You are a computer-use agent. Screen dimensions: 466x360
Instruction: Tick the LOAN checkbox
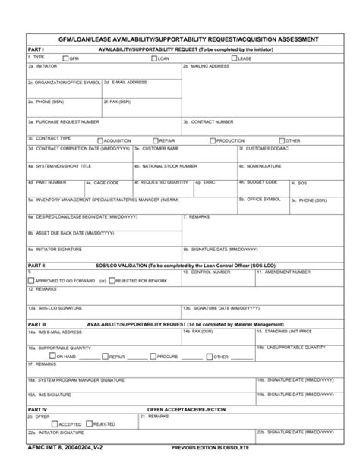click(154, 58)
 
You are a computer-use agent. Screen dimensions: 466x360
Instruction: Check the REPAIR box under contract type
click(155, 140)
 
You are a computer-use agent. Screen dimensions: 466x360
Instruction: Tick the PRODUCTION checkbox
click(212, 140)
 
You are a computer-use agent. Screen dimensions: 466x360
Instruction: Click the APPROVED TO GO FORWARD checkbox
click(30, 280)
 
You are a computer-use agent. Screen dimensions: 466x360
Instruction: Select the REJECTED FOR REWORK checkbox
click(112, 280)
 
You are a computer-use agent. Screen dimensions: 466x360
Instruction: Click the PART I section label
click(36, 49)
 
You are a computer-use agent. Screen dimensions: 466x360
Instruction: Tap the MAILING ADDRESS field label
click(208, 66)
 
